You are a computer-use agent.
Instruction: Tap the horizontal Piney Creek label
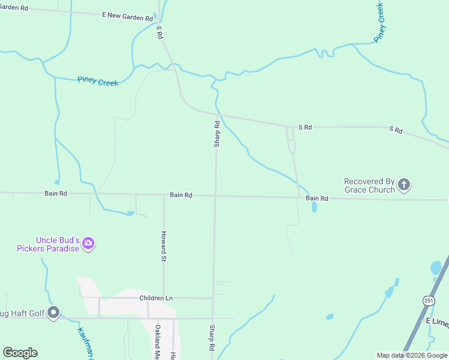click(98, 81)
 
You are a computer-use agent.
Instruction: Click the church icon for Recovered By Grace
click(404, 185)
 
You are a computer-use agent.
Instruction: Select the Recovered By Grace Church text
click(369, 185)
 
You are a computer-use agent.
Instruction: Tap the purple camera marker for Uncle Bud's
click(88, 244)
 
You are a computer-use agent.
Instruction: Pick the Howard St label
click(163, 246)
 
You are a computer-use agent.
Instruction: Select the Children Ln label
click(155, 298)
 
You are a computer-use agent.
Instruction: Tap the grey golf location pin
click(53, 313)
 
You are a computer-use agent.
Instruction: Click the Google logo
click(20, 353)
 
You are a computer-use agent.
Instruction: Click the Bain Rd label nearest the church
click(317, 198)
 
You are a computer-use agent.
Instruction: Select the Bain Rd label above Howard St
click(181, 195)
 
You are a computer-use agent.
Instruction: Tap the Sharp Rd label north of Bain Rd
click(217, 134)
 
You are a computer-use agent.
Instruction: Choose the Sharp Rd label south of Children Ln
click(212, 338)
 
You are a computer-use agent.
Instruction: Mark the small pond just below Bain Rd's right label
click(315, 208)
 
